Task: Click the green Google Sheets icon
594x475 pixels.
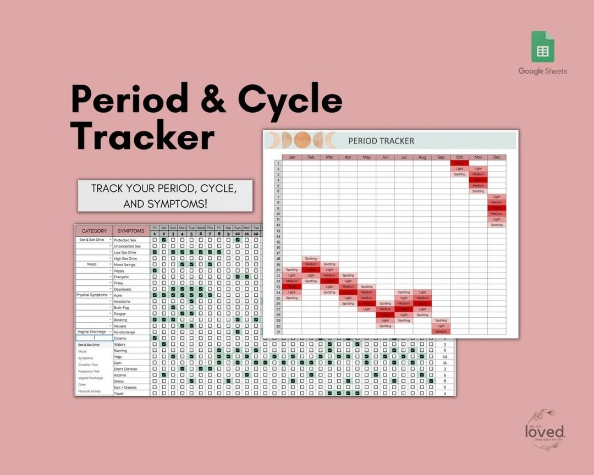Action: (x=542, y=47)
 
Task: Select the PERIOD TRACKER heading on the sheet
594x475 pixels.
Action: (x=381, y=141)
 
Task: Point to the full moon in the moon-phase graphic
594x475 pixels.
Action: (x=301, y=141)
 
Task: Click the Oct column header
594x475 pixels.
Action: (x=459, y=157)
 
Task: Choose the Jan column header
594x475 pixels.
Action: (x=292, y=157)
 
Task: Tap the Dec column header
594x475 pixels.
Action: (x=497, y=157)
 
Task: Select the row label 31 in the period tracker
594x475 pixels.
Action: (x=278, y=332)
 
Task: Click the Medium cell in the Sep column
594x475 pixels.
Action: (x=441, y=332)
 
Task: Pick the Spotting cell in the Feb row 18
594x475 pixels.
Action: (x=311, y=258)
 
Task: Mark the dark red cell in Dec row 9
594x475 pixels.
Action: (x=497, y=208)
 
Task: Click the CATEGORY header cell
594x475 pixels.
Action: (x=94, y=231)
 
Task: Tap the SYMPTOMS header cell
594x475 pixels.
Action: (x=131, y=231)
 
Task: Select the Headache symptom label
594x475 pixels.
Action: (x=122, y=301)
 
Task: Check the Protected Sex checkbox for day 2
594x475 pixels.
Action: (x=164, y=240)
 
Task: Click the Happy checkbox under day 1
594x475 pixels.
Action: (x=155, y=270)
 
